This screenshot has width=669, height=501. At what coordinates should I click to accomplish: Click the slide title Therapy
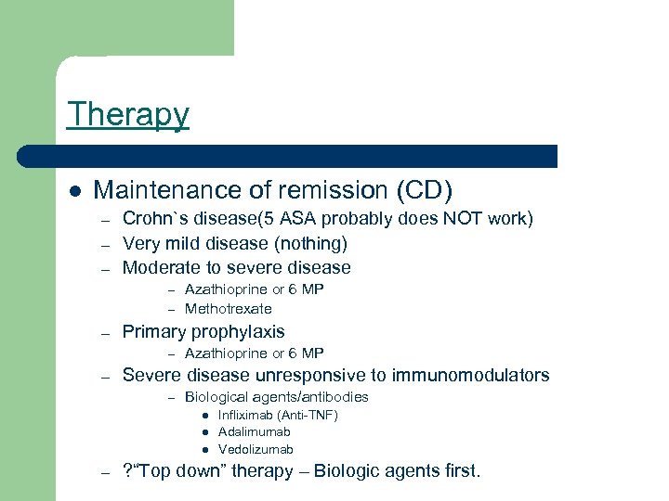pyautogui.click(x=128, y=114)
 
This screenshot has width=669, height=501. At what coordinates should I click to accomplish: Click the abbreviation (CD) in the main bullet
pyautogui.click(x=425, y=190)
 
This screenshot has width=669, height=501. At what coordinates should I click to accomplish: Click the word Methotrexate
pyautogui.click(x=229, y=309)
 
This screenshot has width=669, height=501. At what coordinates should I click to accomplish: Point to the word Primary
pyautogui.click(x=153, y=331)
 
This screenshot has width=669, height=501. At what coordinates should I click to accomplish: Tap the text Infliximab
pyautogui.click(x=247, y=415)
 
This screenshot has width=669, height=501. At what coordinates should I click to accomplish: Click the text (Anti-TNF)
pyautogui.click(x=309, y=415)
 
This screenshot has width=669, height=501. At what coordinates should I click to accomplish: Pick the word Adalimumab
pyautogui.click(x=255, y=431)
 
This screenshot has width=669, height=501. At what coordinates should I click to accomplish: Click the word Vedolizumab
pyautogui.click(x=256, y=449)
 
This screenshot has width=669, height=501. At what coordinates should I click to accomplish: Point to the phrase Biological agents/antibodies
pyautogui.click(x=277, y=397)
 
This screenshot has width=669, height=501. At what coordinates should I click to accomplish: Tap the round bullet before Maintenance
pyautogui.click(x=73, y=191)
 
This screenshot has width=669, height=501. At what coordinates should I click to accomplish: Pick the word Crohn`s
pyautogui.click(x=154, y=219)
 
